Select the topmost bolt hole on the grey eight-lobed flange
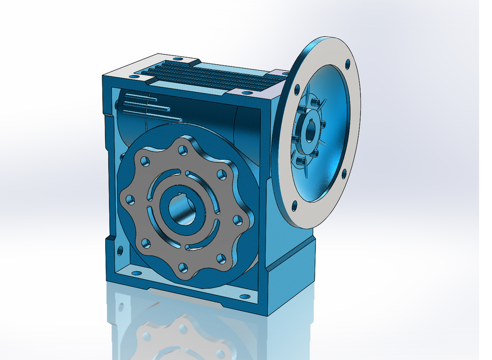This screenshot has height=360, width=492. [x=183, y=150]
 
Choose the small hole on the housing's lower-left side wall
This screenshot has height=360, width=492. [x=119, y=249]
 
